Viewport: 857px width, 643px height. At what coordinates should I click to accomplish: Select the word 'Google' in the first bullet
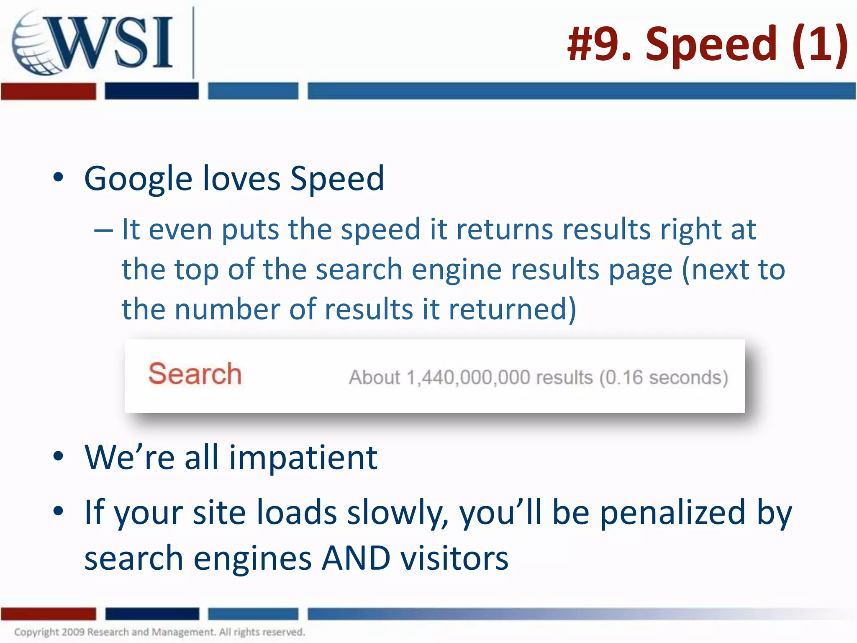[x=138, y=179]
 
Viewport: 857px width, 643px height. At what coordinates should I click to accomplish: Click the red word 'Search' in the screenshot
[x=195, y=373]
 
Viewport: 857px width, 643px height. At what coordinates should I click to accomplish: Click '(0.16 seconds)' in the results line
[x=664, y=378]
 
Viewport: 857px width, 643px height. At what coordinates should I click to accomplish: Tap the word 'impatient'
[x=303, y=457]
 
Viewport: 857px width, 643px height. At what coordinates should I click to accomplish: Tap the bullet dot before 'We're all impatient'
[x=58, y=456]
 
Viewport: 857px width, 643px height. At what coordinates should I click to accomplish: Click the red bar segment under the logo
[x=48, y=91]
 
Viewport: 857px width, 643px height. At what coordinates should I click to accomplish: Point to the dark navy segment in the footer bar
[x=152, y=614]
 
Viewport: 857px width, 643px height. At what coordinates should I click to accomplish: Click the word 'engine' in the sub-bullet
[x=456, y=269]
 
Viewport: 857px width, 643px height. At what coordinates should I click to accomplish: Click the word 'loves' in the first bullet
[x=241, y=179]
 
